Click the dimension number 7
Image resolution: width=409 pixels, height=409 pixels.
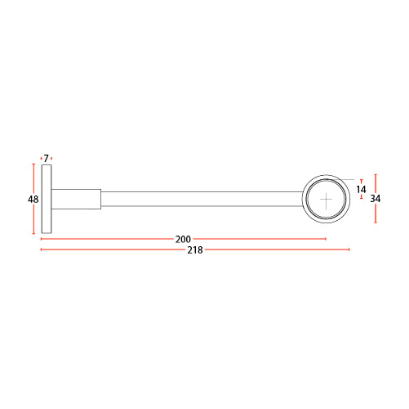46,158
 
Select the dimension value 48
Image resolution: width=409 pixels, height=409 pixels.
33,200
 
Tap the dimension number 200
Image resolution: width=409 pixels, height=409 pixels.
183,239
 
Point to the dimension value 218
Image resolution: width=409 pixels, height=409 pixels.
195,249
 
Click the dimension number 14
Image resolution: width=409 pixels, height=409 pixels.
361,189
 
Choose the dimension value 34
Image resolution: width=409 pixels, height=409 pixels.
376,199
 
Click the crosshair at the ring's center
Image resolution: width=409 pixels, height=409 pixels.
326,200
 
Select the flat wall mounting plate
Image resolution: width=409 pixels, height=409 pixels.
47,199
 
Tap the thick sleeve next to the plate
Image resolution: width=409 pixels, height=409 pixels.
76,199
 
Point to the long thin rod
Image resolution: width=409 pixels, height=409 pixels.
202,199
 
